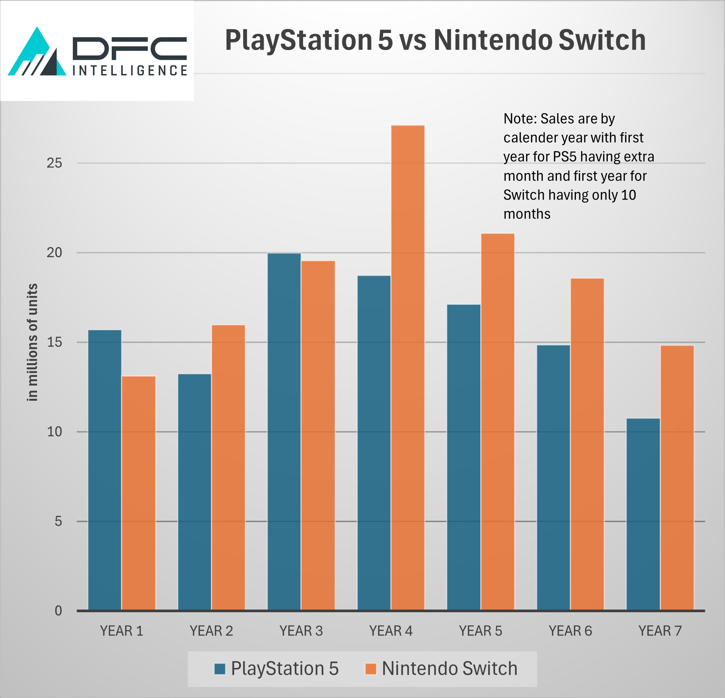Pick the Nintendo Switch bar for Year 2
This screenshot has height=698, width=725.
pos(228,467)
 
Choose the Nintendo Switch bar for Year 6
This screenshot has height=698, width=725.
pos(587,444)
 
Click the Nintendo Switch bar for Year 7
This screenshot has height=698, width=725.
pos(677,478)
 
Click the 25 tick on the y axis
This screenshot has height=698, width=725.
pos(54,163)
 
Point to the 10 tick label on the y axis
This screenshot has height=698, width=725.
pos(54,432)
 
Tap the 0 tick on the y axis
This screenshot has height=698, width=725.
pos(58,611)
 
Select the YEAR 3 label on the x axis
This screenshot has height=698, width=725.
pos(301,631)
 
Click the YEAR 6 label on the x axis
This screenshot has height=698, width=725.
pos(570,631)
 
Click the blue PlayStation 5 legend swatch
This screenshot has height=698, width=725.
pos(220,669)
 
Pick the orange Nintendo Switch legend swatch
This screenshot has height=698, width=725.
pos(370,669)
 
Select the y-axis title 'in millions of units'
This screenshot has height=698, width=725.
pos(33,342)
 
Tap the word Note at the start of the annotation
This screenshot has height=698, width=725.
pos(519,119)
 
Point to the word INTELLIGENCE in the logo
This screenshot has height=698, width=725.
pos(130,71)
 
